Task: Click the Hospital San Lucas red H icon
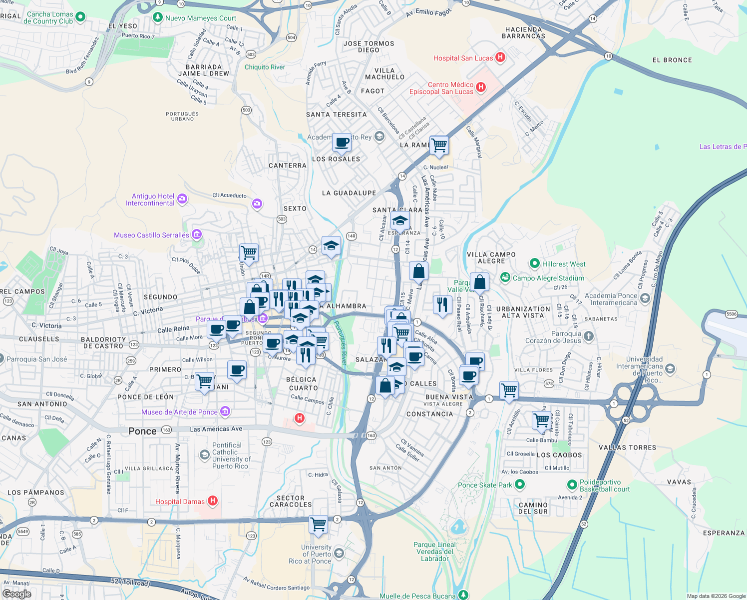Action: point(500,57)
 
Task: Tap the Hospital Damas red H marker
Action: point(213,501)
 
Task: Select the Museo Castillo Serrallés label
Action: point(151,235)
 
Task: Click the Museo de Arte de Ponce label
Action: point(179,412)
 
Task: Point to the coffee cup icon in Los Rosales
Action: point(342,142)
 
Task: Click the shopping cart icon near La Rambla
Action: point(439,145)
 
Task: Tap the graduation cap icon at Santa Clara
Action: point(400,220)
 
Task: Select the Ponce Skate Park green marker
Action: point(520,484)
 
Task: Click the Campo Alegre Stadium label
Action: point(548,278)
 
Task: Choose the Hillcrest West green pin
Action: point(535,263)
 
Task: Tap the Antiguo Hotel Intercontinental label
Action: point(150,199)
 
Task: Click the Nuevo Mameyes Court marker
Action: point(158,17)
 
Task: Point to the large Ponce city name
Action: point(142,431)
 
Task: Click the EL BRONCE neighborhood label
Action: point(672,60)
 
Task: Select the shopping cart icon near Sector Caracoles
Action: point(318,524)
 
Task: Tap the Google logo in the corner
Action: point(16,593)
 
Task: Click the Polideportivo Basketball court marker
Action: point(572,485)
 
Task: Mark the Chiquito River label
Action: point(265,67)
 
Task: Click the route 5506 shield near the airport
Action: point(731,314)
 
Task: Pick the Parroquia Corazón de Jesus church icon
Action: point(589,336)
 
